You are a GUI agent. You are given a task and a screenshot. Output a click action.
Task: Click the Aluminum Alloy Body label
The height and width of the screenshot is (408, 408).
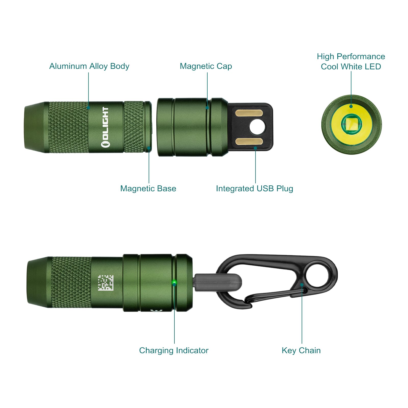tap(89, 66)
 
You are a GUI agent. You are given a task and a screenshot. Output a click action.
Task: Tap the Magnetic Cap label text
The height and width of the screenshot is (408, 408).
tap(206, 66)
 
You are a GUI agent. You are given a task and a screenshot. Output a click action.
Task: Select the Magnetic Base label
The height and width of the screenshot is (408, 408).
tap(148, 189)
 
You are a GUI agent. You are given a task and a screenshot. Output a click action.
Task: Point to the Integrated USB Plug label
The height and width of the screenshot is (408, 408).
tap(254, 189)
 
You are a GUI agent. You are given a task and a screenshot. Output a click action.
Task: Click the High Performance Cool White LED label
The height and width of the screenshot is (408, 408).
tap(351, 61)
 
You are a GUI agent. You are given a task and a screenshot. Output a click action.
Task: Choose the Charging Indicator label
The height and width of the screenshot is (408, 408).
tap(174, 351)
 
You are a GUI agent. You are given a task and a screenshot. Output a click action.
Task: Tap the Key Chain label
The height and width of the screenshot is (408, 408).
tap(301, 351)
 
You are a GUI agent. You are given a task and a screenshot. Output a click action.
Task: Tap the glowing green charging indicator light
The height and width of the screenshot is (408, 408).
tap(174, 282)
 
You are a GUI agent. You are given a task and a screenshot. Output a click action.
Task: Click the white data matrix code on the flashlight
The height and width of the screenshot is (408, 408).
tap(106, 283)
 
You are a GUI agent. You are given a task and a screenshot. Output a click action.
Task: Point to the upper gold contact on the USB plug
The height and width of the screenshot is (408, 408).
tap(249, 113)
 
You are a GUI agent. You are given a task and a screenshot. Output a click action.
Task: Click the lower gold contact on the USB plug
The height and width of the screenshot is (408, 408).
tap(249, 142)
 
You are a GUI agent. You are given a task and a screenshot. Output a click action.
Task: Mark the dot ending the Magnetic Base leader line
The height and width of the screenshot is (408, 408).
tap(149, 148)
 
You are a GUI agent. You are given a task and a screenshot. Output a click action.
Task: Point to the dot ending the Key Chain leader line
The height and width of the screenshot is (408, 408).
tap(302, 285)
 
